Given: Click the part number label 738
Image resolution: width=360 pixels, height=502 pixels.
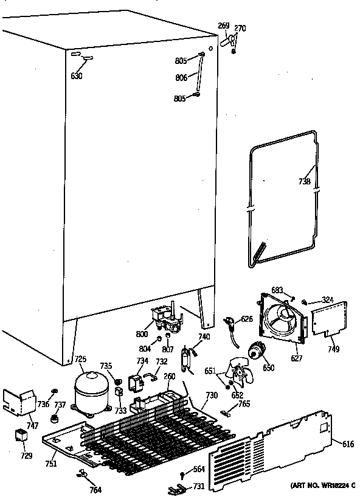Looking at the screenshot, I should tap(305, 181).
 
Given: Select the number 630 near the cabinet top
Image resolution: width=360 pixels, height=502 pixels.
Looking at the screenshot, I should tap(76, 76).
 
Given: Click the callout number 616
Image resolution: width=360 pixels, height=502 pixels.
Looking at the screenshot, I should tap(348, 445).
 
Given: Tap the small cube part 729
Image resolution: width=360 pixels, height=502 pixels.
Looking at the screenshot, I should tap(22, 436).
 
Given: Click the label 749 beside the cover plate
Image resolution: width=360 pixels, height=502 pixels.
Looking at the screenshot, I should tap(333, 349).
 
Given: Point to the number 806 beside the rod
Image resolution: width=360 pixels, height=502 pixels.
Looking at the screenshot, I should tap(181, 78).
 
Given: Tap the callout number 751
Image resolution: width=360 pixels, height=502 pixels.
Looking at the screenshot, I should tap(50, 464).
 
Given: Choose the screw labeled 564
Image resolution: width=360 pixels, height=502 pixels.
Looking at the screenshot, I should tap(182, 473).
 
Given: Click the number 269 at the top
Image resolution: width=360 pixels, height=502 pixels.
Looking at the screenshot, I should tap(223, 26).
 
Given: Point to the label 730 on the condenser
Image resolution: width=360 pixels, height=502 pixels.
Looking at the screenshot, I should tap(211, 396).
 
